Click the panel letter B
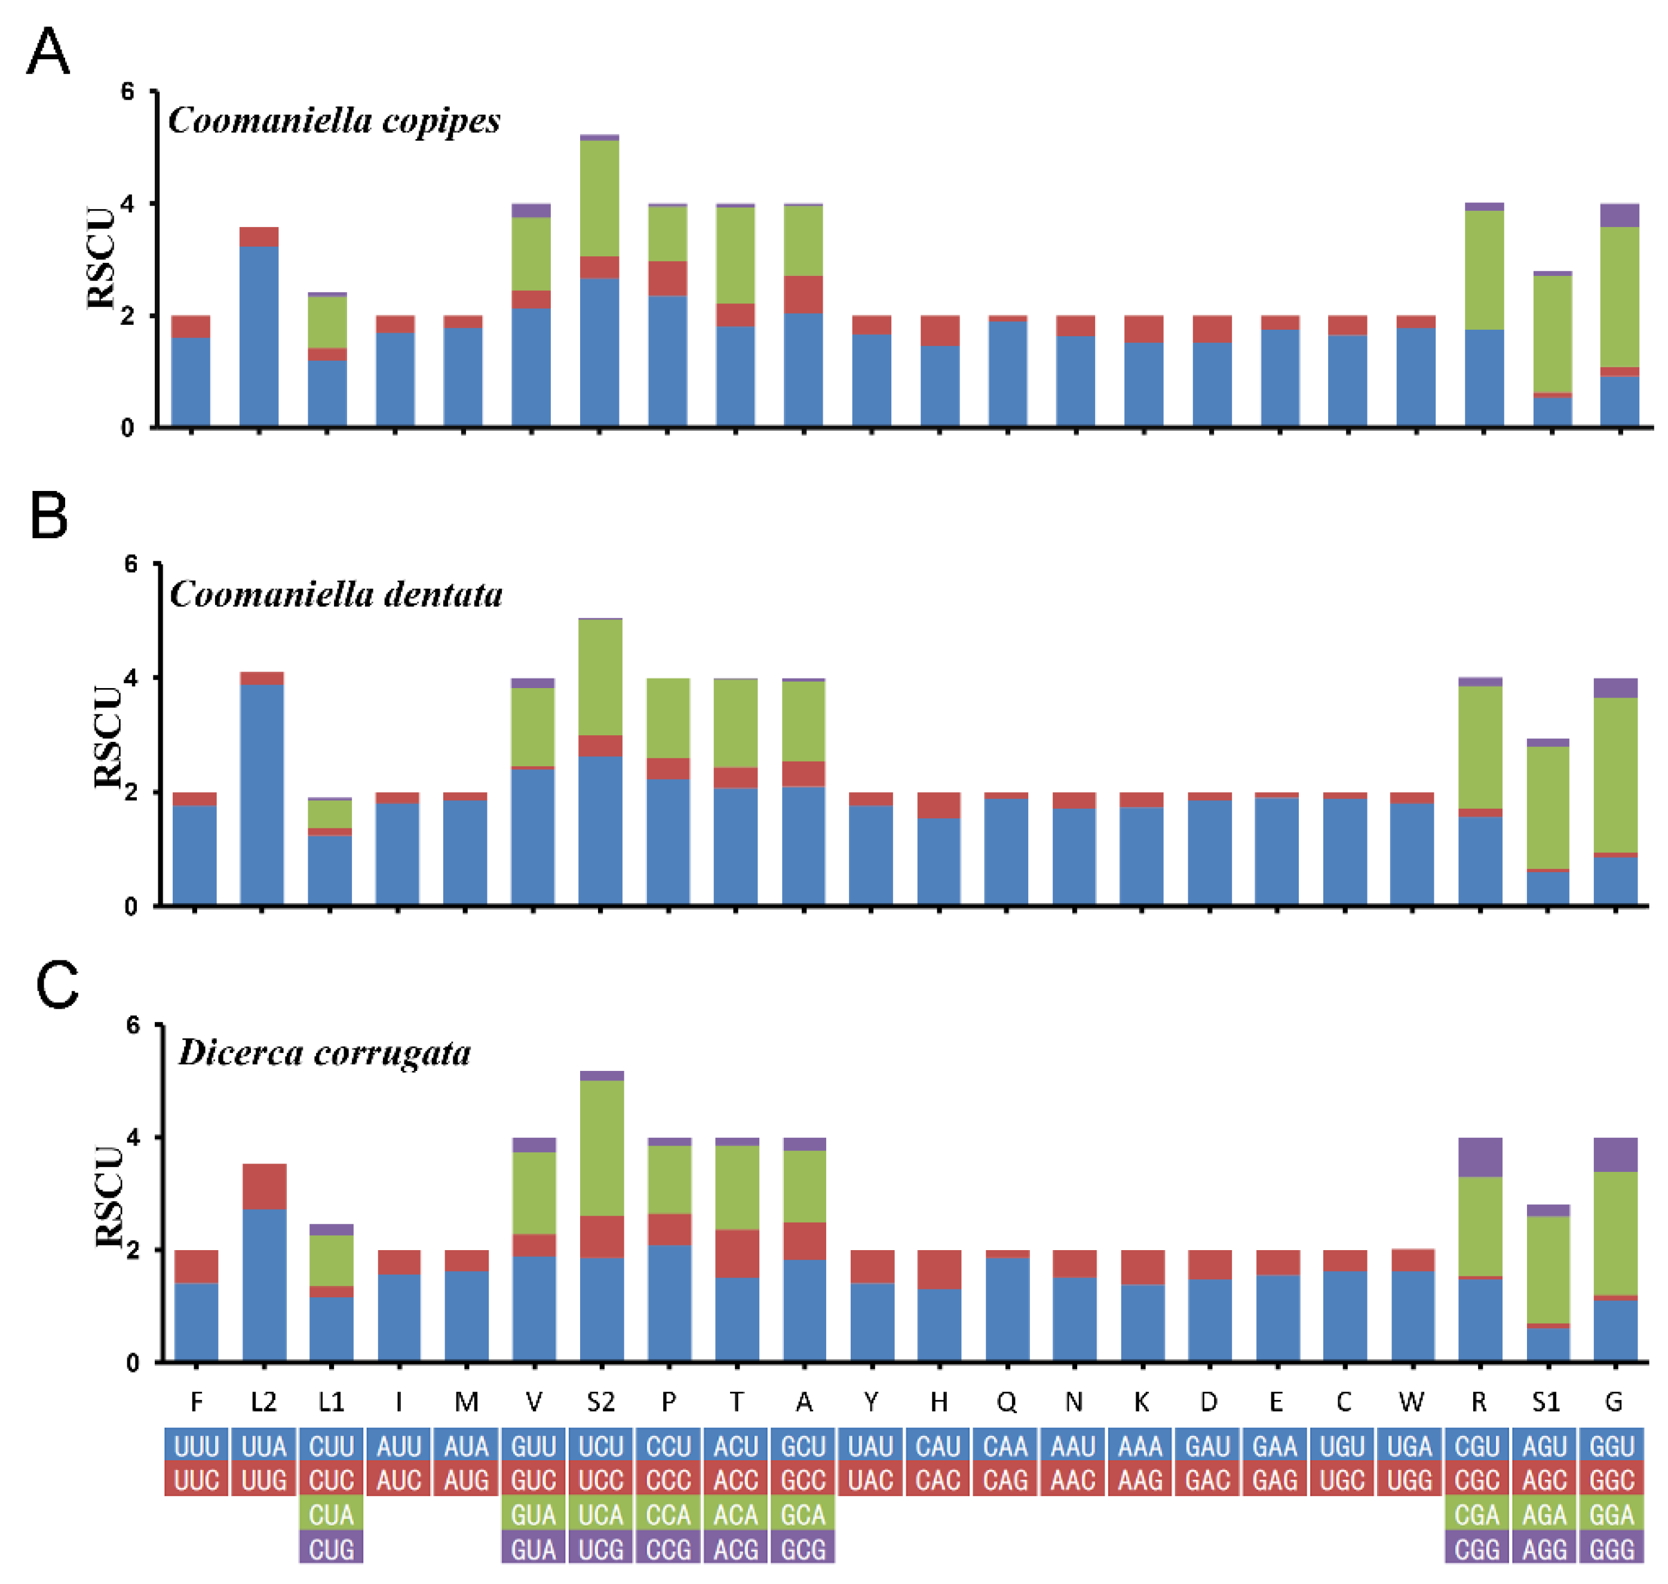48,516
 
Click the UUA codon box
263,1447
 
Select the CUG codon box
331,1549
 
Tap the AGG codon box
1545,1549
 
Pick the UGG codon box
1409,1481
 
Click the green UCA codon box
600,1515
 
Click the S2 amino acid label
600,1402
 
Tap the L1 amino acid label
331,1402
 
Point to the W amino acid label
1411,1402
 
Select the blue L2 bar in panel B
262,794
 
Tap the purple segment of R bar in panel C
1480,1158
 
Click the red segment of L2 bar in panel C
264,1186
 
